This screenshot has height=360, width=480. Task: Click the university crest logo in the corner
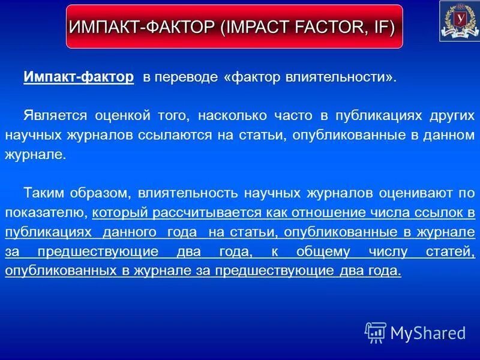coord(459,21)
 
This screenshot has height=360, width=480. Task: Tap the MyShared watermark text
coord(428,332)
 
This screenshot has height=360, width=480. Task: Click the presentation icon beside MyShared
coord(376,332)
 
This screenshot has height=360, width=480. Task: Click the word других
coord(448,115)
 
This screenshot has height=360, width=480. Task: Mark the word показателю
coord(46,212)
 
